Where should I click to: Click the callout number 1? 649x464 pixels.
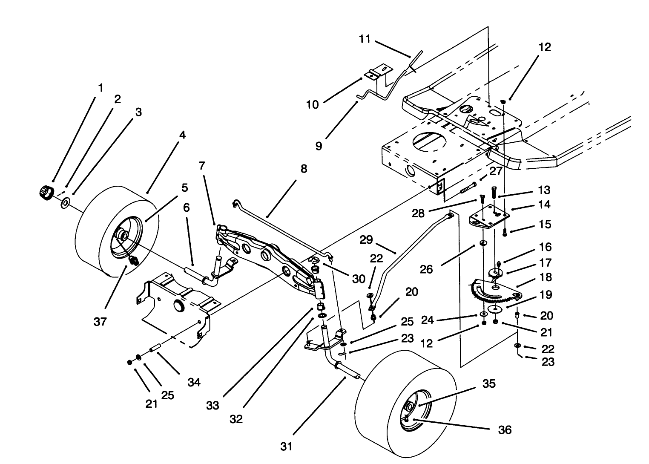pyautogui.click(x=101, y=88)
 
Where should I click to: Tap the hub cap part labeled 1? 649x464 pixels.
pyautogui.click(x=45, y=192)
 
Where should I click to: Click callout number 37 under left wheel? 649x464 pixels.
pyautogui.click(x=100, y=322)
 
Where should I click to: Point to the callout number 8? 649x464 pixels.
pyautogui.click(x=303, y=169)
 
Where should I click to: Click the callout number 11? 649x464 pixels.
pyautogui.click(x=365, y=40)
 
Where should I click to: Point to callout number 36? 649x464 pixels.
pyautogui.click(x=505, y=429)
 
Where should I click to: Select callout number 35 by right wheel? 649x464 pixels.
pyautogui.click(x=489, y=383)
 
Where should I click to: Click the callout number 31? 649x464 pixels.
pyautogui.click(x=287, y=446)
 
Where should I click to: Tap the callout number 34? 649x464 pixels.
pyautogui.click(x=194, y=382)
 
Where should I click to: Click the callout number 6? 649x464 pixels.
pyautogui.click(x=187, y=208)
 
